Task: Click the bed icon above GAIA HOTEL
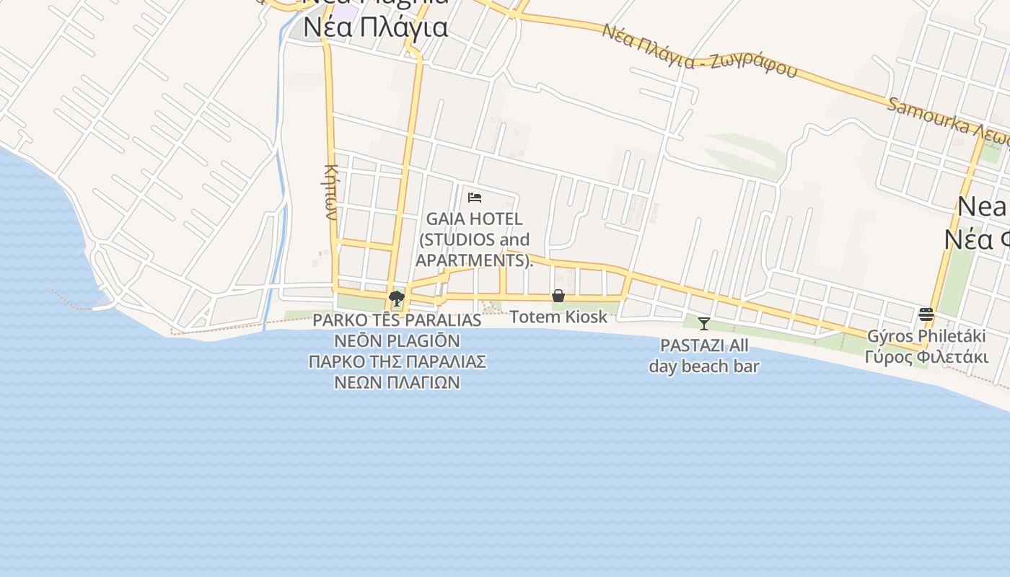coord(475,197)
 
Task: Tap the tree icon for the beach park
coord(396,298)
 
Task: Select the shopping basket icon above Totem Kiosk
coord(558,296)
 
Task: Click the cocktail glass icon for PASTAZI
coord(704,324)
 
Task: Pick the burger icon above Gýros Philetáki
coord(926,314)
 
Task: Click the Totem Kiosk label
coord(558,317)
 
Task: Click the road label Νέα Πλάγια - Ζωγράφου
coord(700,50)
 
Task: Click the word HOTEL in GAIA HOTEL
coord(499,219)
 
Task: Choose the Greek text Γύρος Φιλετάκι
coord(926,357)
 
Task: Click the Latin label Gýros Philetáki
coord(926,337)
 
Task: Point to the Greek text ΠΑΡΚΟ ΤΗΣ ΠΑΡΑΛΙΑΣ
coord(397,361)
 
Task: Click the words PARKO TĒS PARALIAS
coord(397,320)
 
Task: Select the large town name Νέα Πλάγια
coord(376,28)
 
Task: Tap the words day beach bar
coord(704,366)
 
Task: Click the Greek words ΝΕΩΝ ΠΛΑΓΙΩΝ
coord(397,382)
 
